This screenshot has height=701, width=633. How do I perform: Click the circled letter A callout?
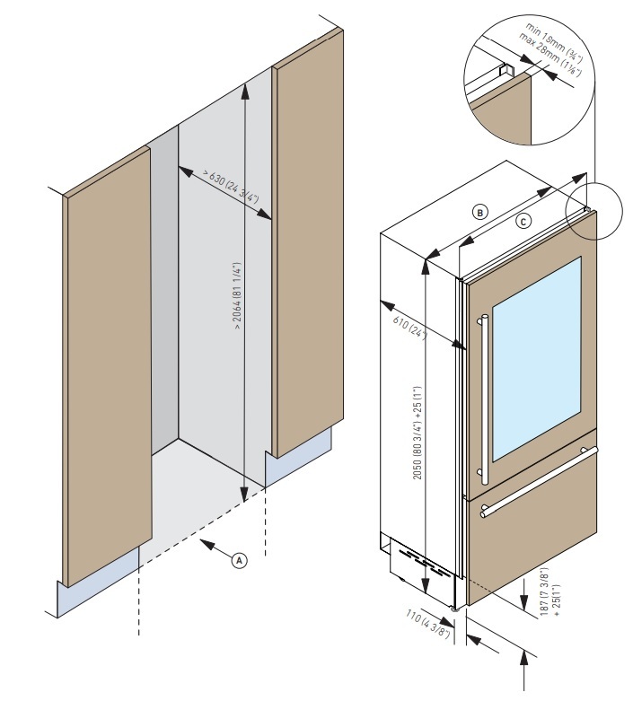point(239,558)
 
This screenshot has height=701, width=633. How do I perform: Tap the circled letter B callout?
point(480,213)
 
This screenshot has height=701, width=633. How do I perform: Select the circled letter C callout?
point(524,221)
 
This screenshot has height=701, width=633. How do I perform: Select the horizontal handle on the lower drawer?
point(539,480)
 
